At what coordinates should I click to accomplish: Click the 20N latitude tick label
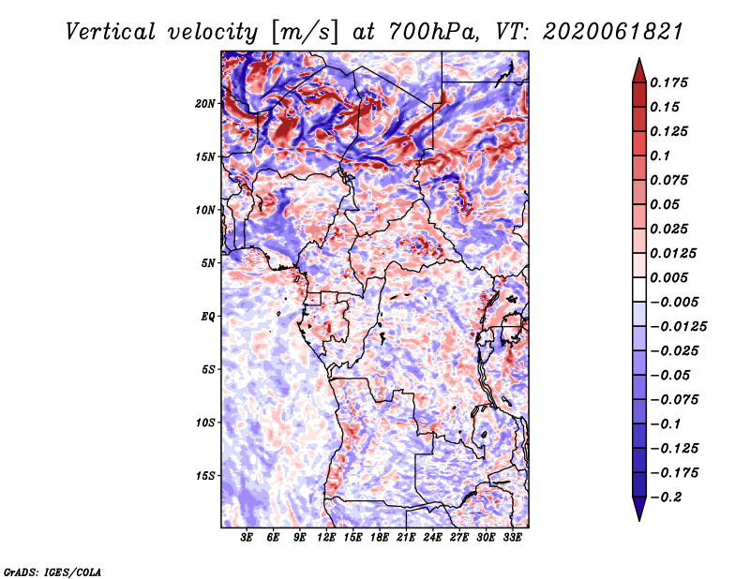204,104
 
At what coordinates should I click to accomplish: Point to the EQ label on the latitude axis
208,317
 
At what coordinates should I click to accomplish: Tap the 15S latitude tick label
204,476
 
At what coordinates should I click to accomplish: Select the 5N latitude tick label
208,263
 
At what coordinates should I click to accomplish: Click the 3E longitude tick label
247,538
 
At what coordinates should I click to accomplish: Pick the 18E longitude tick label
380,538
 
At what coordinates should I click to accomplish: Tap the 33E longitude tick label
512,538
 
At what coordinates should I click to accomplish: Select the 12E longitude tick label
326,538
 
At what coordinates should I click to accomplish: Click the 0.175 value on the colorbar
668,82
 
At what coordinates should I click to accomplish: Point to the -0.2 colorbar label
666,497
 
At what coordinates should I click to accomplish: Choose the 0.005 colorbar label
668,277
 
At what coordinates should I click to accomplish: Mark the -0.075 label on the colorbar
674,400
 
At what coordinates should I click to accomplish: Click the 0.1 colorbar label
660,156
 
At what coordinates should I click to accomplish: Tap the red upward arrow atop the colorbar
639,70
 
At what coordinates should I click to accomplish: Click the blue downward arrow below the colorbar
639,509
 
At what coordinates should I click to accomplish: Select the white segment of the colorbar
639,289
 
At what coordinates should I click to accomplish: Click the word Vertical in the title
111,33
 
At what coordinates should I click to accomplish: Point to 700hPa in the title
433,33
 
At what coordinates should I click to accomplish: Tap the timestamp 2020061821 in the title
613,33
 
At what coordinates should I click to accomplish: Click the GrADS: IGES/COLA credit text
52,572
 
